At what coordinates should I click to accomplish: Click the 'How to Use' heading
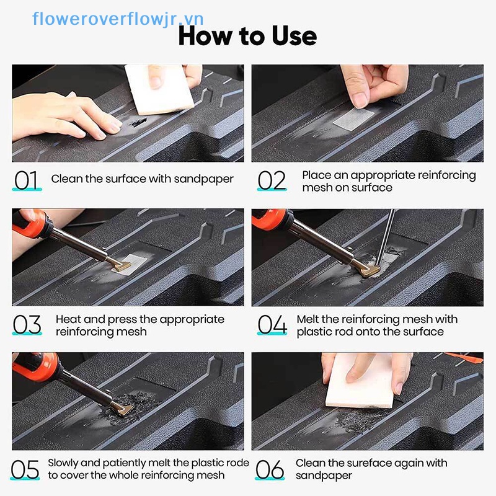point(247,37)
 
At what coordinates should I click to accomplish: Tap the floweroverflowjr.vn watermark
point(118,19)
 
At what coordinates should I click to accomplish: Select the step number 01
point(26,180)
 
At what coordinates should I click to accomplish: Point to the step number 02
point(272,180)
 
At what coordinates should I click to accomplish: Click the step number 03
point(27,324)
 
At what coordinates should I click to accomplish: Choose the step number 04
point(272,324)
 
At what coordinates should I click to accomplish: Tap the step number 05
point(25,470)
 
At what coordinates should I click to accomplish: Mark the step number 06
point(270,470)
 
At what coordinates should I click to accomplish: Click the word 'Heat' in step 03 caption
point(68,319)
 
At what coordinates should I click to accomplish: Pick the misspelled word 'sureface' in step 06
point(365,463)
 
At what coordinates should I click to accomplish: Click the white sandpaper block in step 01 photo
point(159,90)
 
